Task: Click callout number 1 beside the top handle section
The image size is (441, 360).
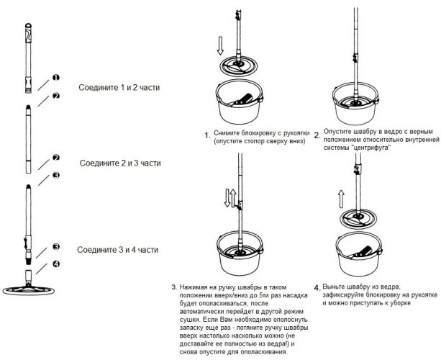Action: pos(56,78)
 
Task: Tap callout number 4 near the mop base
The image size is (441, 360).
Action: pos(56,264)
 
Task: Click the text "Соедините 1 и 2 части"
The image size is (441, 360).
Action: pos(119,88)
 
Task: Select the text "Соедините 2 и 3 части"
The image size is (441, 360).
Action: pos(120,163)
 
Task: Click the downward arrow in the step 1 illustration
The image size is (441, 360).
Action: pos(220,45)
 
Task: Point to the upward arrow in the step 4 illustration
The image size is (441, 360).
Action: pos(341,199)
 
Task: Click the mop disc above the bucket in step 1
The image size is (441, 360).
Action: pos(239,66)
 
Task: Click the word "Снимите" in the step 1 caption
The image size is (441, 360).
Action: pos(225,133)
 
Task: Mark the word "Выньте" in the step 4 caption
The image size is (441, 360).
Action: pos(334,287)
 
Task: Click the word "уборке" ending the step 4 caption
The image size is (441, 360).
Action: pos(401,303)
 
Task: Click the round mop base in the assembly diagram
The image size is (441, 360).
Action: pos(28,291)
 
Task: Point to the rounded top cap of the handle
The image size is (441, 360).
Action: pos(28,26)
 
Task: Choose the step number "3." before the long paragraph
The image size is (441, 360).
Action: pos(174,287)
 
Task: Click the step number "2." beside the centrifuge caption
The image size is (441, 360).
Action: pos(317,135)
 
